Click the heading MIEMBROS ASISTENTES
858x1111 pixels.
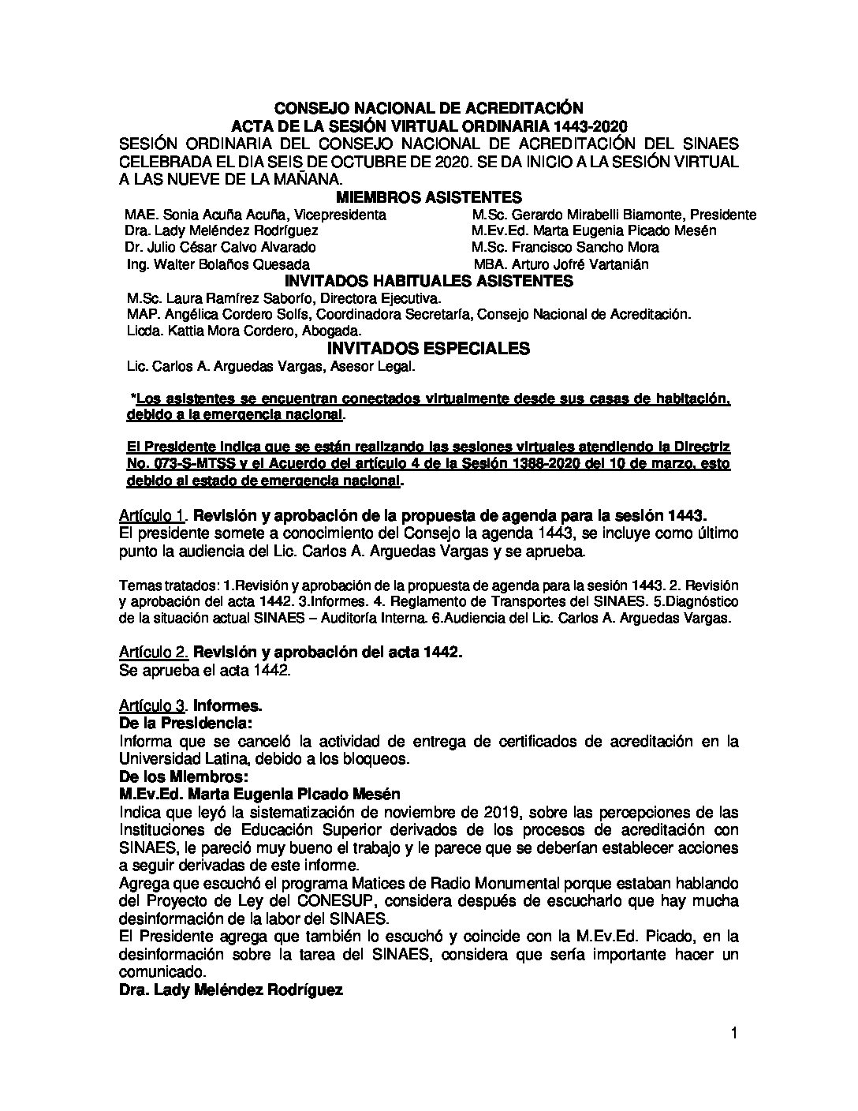pos(428,196)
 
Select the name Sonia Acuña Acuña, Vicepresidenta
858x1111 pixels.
pos(256,215)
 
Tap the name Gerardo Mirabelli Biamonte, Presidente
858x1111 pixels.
pos(614,215)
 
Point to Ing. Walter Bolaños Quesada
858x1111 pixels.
pos(218,264)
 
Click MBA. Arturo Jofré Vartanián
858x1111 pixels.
pos(561,264)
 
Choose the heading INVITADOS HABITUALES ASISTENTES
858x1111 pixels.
pos(428,281)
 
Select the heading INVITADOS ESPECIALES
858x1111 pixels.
pos(428,349)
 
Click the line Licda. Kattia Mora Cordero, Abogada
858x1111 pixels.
pos(244,331)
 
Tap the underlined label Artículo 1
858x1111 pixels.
pos(152,516)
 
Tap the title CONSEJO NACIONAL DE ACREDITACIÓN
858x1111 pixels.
pos(428,108)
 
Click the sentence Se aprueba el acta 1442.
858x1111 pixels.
pos(205,671)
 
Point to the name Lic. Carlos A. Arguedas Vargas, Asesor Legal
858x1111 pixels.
pos(270,367)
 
